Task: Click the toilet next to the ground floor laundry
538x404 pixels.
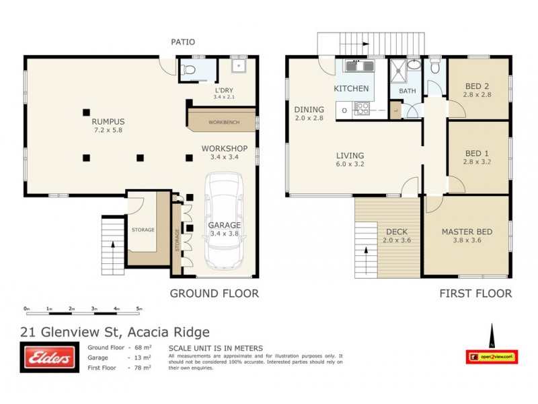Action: click(x=190, y=69)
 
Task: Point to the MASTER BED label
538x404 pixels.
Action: click(x=467, y=232)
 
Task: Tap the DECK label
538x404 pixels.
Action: click(x=396, y=231)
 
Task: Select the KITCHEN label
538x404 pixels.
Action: click(x=351, y=89)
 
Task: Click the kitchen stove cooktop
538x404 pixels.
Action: click(x=361, y=108)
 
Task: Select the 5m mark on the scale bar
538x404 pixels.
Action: click(x=139, y=309)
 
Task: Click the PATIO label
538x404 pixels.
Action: click(x=182, y=42)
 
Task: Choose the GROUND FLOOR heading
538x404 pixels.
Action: click(x=214, y=293)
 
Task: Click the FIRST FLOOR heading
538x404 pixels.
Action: click(x=475, y=293)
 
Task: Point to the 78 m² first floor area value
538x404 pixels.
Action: click(x=142, y=368)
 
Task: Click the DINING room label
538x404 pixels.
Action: click(x=309, y=109)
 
